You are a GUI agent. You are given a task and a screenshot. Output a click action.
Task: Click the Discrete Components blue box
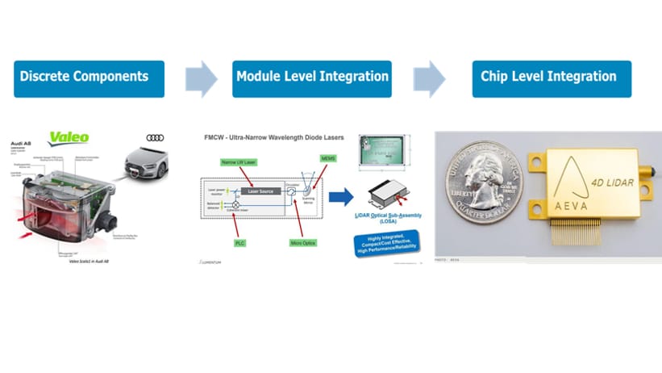[x=89, y=78]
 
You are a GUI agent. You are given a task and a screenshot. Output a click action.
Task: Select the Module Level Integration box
[x=312, y=78]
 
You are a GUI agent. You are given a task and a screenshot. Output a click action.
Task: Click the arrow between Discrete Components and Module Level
[x=201, y=78]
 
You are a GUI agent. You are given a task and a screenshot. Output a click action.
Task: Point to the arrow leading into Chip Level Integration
[x=429, y=78]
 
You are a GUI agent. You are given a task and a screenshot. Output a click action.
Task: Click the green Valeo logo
[x=69, y=138]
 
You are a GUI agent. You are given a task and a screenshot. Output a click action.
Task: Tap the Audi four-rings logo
[x=155, y=138]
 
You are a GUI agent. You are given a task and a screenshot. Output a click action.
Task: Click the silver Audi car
[x=147, y=163]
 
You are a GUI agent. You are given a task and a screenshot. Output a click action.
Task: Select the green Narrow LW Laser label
[x=239, y=162]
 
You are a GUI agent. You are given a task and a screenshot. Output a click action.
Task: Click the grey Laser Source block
[x=265, y=191]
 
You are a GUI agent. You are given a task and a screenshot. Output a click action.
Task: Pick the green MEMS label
[x=328, y=158]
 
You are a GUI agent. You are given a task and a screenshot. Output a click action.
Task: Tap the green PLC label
[x=239, y=242]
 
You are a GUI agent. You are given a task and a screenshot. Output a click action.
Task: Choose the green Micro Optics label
[x=303, y=242]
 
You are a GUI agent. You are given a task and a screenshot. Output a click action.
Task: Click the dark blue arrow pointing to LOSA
[x=341, y=196]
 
